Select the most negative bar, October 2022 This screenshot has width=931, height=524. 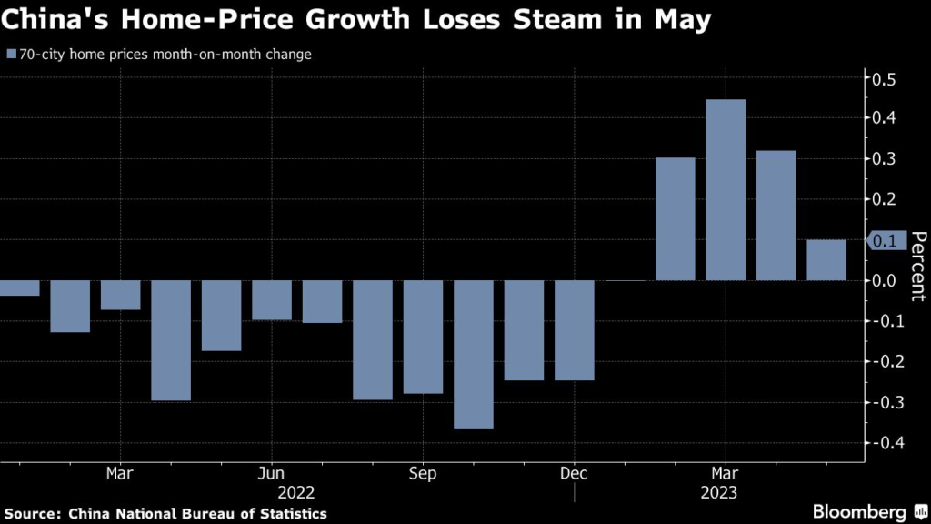coord(473,354)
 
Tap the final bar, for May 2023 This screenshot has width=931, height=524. coord(826,260)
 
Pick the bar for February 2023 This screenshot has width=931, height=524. coord(675,218)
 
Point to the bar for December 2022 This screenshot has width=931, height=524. coord(574,329)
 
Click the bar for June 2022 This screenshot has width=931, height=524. coord(272,300)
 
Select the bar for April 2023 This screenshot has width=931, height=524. coord(776,215)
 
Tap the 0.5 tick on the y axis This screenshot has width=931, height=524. coord(883,80)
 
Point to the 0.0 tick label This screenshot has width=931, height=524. coord(883,281)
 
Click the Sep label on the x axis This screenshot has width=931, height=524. coord(423,474)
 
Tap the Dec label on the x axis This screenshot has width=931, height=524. coord(573,474)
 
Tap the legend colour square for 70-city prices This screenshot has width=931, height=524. coord(11,55)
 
